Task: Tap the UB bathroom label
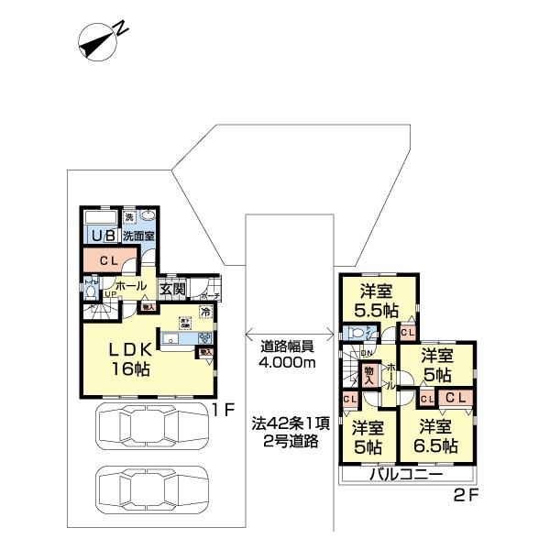pos(100,236)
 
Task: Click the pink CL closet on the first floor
pos(108,260)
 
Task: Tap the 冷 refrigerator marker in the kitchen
pos(206,313)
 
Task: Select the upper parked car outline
pos(151,428)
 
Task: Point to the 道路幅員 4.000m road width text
pos(288,355)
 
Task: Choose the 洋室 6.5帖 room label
pos(438,437)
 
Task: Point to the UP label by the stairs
pos(108,294)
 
